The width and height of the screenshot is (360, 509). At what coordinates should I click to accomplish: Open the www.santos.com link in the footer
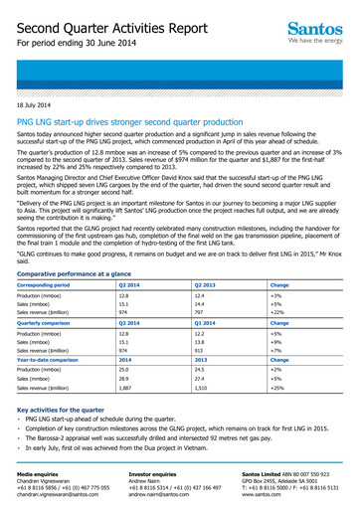(x=290, y=492)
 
